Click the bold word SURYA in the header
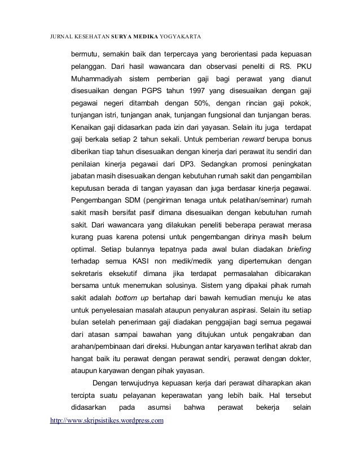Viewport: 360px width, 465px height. click(x=121, y=38)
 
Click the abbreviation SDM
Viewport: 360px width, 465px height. click(x=133, y=201)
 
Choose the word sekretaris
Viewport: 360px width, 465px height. click(x=87, y=275)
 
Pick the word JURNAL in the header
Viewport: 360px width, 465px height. click(x=59, y=38)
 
